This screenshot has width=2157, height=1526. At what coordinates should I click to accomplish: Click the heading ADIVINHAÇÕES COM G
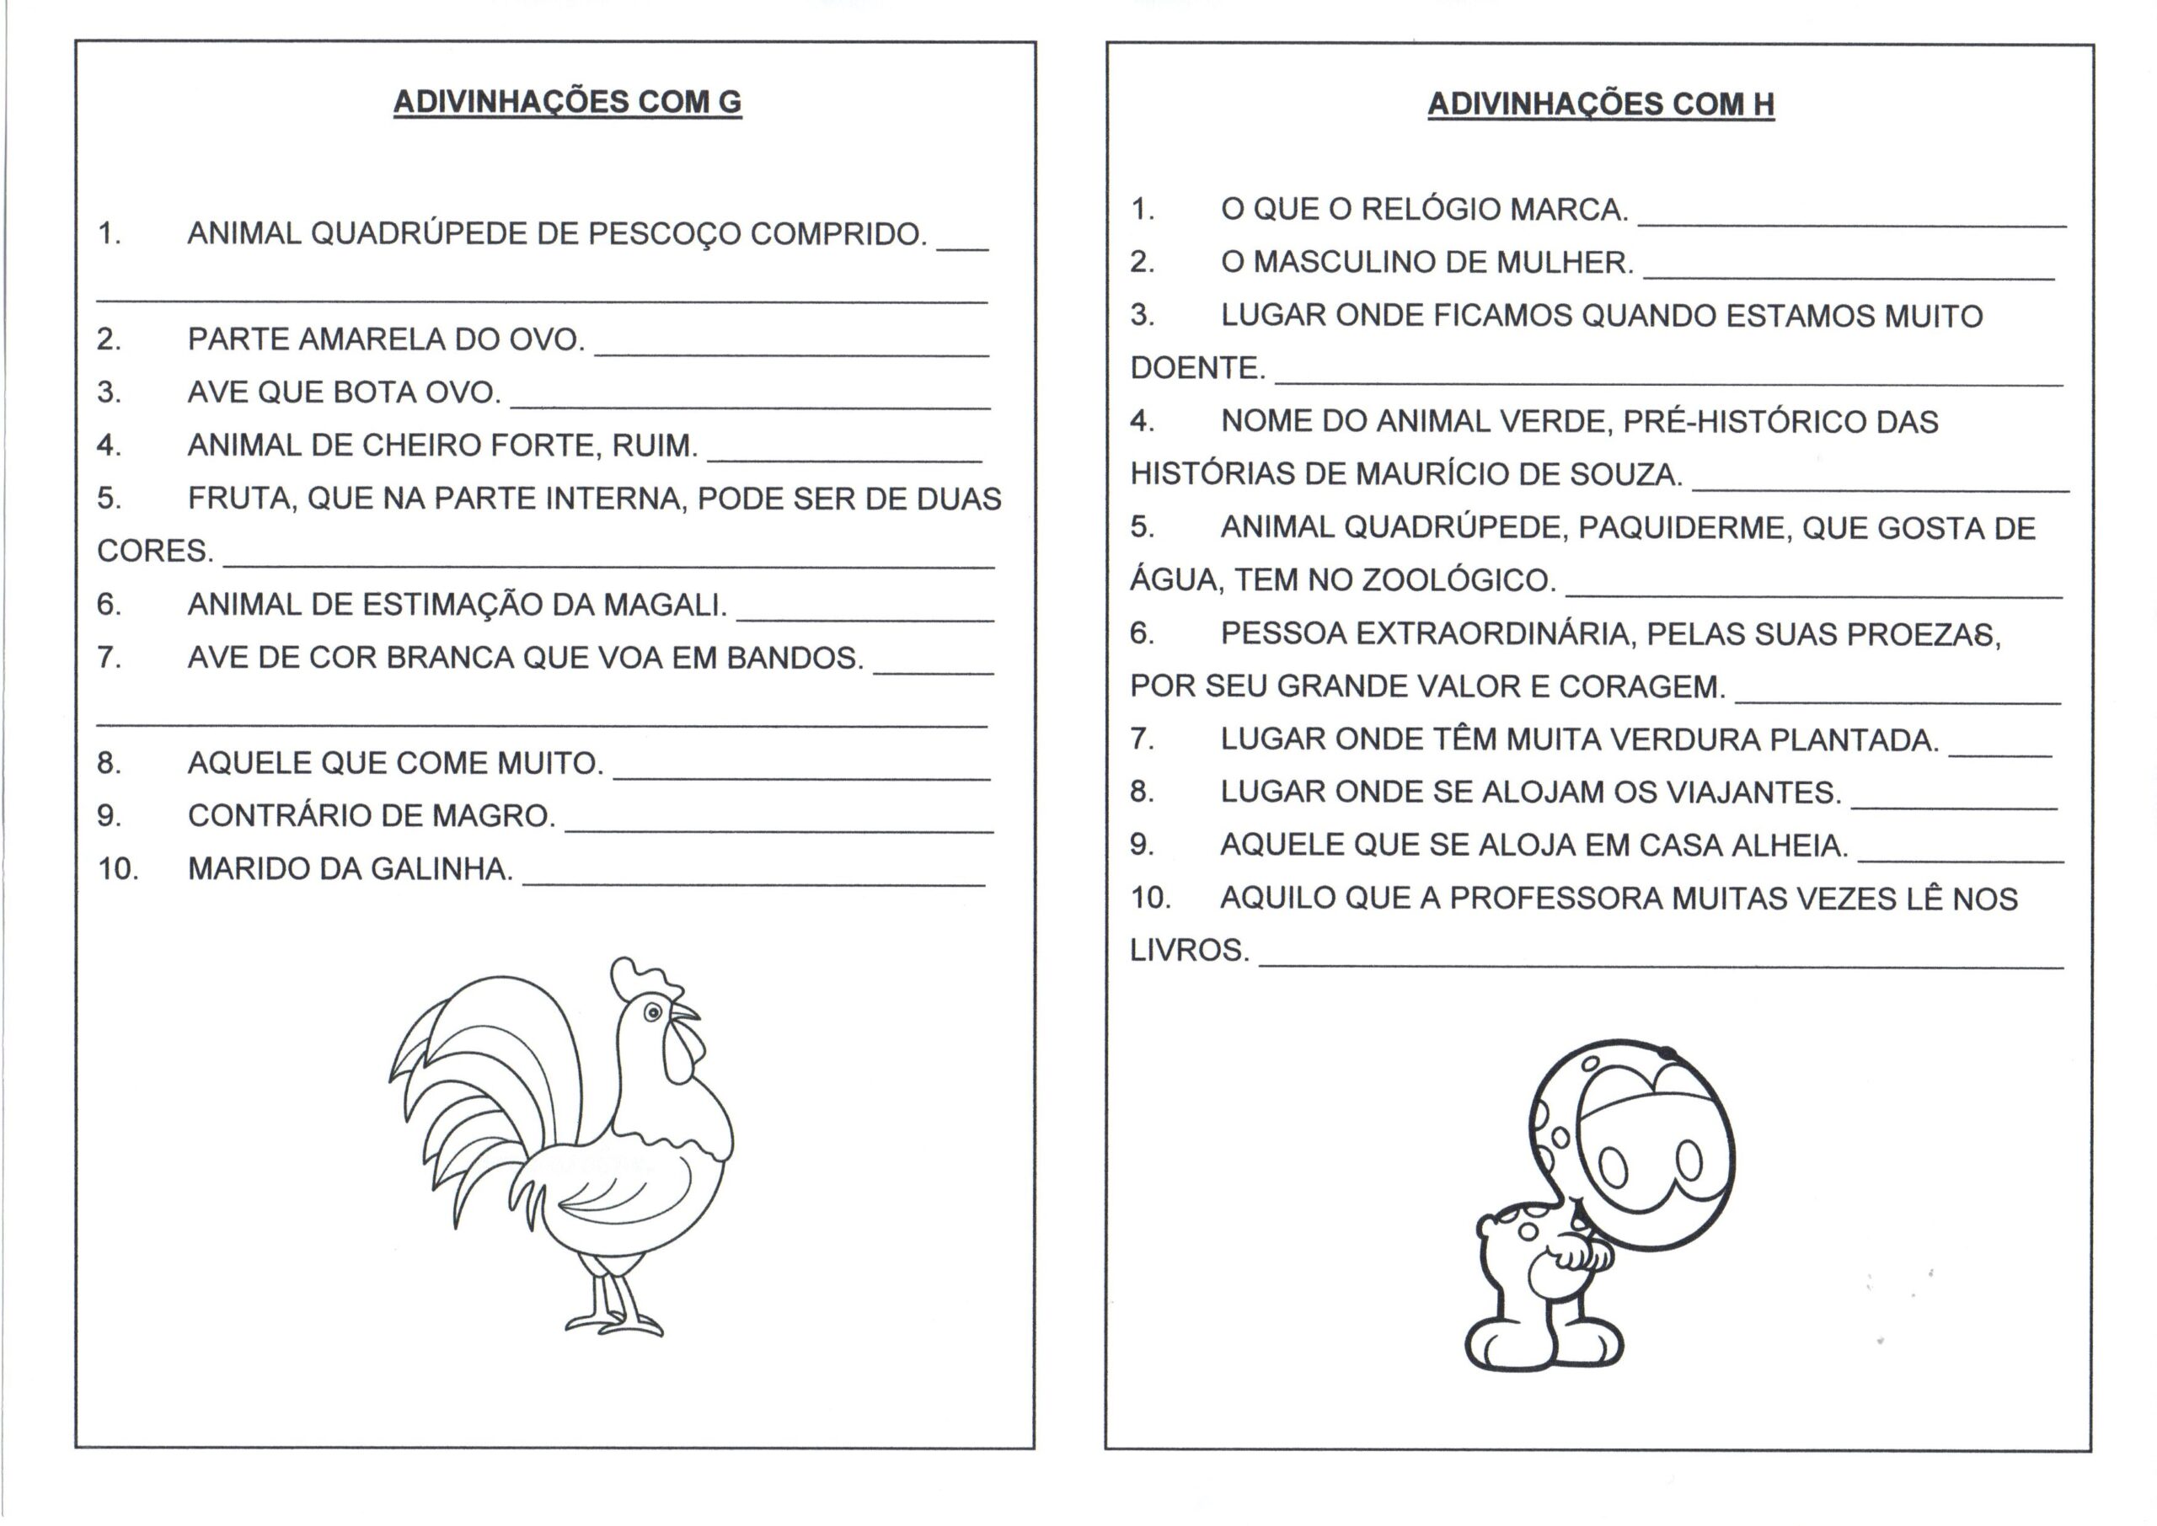[567, 102]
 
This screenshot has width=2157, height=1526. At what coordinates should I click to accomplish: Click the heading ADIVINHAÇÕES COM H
[1600, 104]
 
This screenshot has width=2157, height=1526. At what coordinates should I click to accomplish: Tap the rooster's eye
[652, 1012]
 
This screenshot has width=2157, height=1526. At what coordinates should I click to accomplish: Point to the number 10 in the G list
[117, 868]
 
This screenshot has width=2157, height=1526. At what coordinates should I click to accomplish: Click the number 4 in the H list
[1142, 421]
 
